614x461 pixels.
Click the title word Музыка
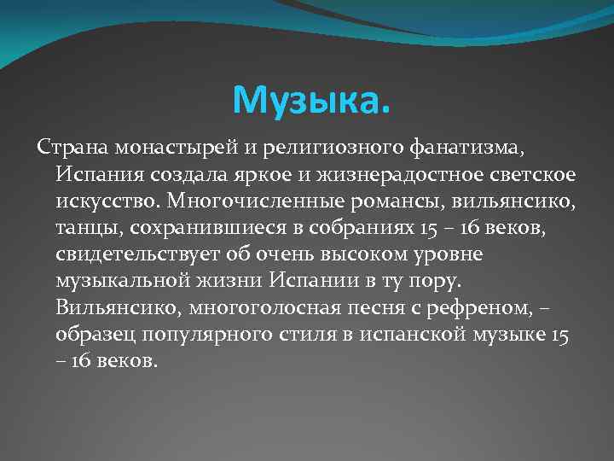pyautogui.click(x=311, y=102)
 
